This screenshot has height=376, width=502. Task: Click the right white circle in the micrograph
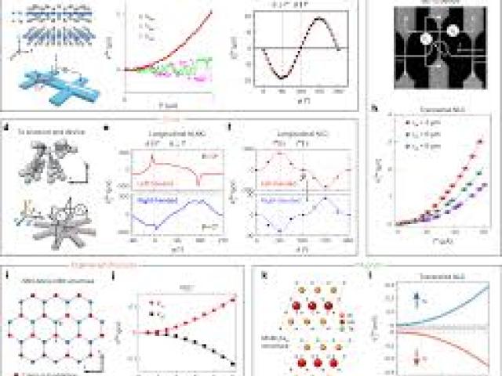click(x=453, y=32)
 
